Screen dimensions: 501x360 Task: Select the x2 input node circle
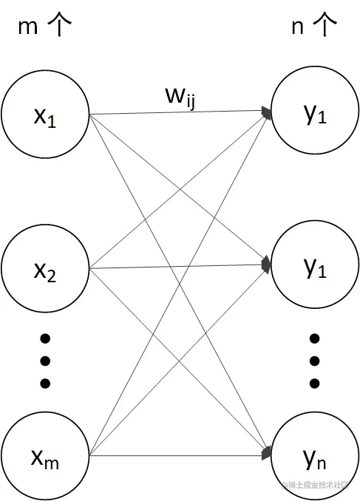[45, 269]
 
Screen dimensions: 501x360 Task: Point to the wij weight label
[180, 96]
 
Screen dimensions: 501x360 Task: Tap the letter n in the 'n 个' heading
[296, 27]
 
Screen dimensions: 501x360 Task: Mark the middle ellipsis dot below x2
[45, 361]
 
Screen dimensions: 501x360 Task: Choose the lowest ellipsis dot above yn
[314, 383]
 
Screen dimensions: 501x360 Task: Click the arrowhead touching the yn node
[265, 453]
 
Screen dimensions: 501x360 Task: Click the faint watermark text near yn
[316, 485]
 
